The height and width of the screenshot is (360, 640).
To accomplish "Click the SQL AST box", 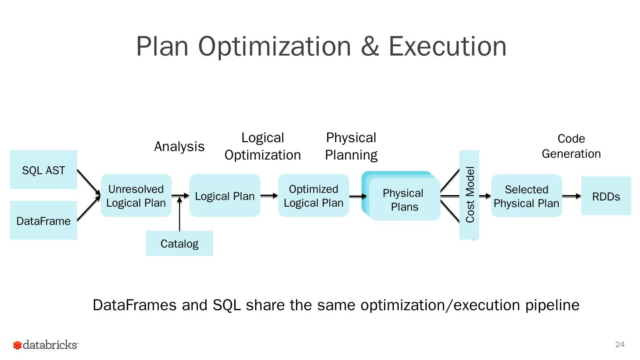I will [44, 170].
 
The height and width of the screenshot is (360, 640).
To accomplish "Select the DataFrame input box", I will [44, 220].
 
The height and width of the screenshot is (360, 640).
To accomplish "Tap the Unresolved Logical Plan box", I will [136, 196].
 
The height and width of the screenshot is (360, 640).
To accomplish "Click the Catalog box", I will [180, 244].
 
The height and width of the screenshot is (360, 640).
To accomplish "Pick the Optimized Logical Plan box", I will [314, 196].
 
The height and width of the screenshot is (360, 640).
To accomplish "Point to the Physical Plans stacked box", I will [404, 200].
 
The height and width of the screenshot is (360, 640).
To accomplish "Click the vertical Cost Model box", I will [469, 194].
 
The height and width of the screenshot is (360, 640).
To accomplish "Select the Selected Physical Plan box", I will [527, 196].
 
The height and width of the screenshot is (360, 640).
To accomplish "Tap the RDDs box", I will [606, 196].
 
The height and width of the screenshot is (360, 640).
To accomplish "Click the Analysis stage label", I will [179, 146].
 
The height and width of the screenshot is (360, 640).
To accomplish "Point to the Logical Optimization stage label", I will [263, 146].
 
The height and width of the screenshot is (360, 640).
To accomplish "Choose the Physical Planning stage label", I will [351, 146].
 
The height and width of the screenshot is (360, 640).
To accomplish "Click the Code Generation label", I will [571, 146].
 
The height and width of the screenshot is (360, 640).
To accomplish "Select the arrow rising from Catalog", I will [180, 214].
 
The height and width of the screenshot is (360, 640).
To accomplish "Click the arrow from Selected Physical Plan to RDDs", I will [572, 196].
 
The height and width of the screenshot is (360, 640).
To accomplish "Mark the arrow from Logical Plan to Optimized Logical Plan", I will [269, 196].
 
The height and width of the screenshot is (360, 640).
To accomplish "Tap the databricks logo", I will [46, 345].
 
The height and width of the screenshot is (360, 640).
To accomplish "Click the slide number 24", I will [620, 344].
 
